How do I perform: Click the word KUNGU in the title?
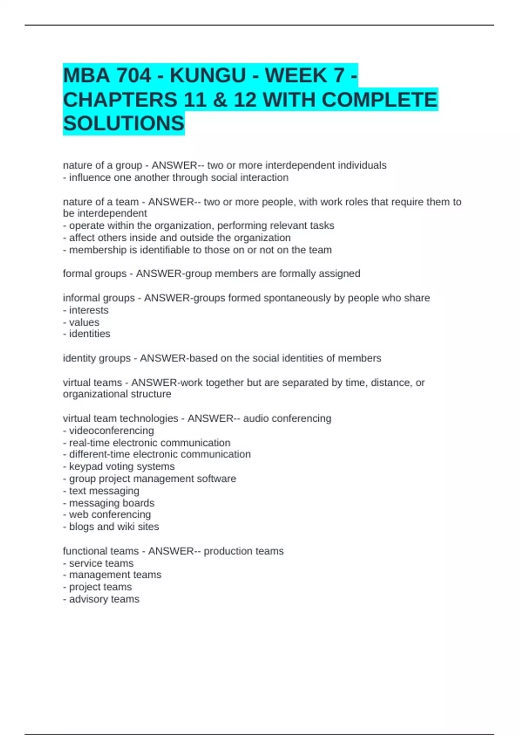[x=208, y=76]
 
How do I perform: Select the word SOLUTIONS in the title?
[x=124, y=124]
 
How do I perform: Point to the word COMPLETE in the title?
[x=379, y=100]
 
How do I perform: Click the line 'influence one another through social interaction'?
[x=176, y=178]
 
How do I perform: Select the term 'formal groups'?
[x=95, y=274]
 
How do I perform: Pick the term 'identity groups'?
[x=96, y=358]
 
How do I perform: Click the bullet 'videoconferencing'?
[x=111, y=431]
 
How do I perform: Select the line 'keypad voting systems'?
[x=122, y=467]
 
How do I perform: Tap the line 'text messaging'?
[x=104, y=491]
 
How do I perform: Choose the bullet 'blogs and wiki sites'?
[x=113, y=527]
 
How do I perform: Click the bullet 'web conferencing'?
[x=109, y=514]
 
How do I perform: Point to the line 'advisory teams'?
[x=104, y=599]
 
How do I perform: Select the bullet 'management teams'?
[x=115, y=575]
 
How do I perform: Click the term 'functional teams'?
[x=101, y=551]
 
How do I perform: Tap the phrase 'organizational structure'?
[x=117, y=394]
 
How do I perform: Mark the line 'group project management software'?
[x=152, y=479]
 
